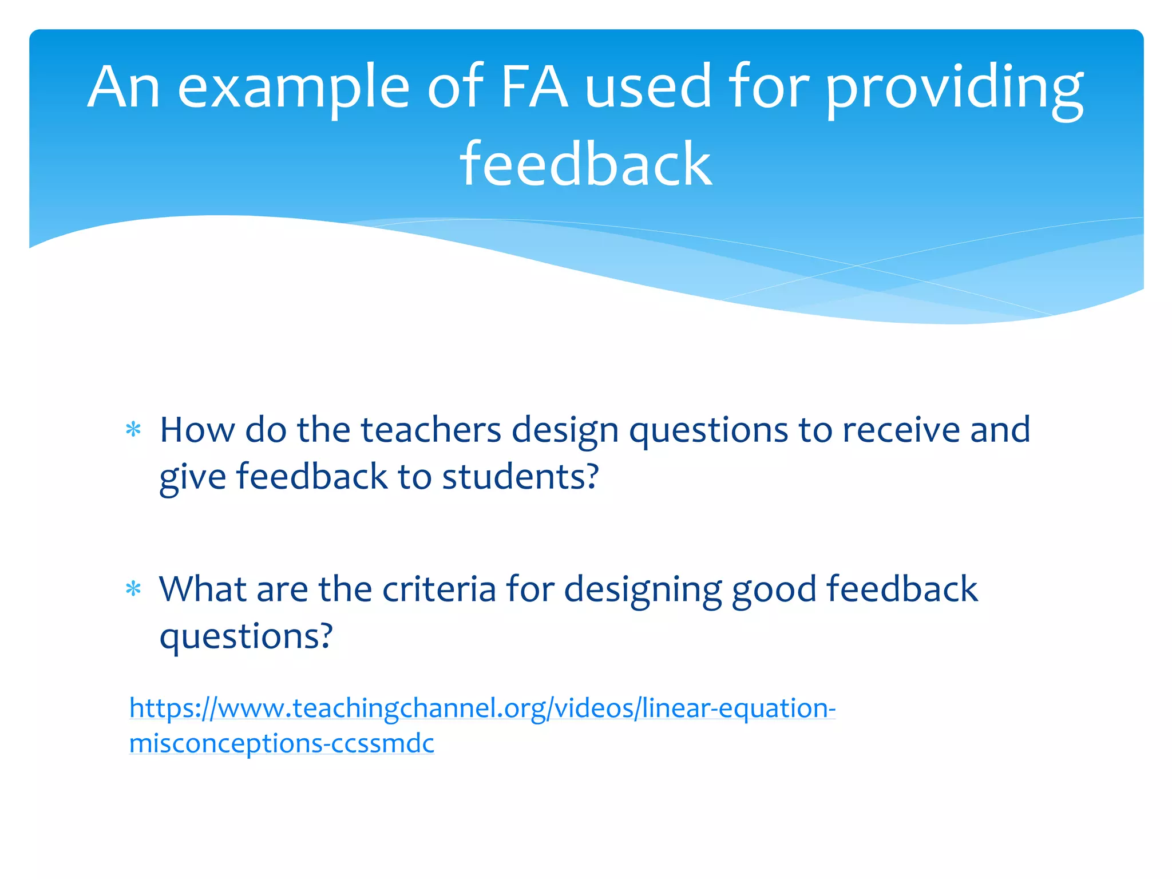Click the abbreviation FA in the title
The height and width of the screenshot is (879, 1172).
point(534,87)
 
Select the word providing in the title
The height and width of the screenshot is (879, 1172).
point(954,89)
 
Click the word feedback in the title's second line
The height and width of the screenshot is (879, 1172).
point(586,165)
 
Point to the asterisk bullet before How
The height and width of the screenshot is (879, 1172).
point(133,430)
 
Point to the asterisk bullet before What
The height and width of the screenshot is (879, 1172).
point(133,589)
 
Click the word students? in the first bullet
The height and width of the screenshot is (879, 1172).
point(520,476)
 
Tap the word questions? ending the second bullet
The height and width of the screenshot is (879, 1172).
point(246,636)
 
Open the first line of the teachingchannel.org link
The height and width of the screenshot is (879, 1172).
point(482,708)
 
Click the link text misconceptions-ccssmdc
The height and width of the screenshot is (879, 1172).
point(282,743)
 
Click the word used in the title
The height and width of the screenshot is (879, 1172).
point(648,87)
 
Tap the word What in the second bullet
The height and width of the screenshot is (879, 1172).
point(203,589)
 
